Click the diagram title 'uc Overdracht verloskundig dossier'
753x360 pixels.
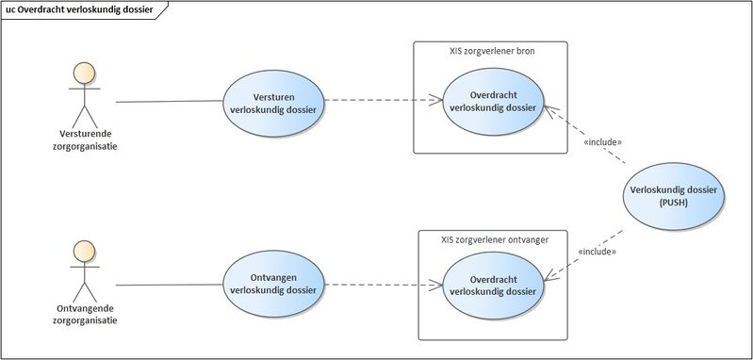(x=79, y=9)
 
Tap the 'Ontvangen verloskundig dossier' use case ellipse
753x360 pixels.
(x=272, y=283)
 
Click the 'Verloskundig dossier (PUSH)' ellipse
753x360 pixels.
(x=674, y=195)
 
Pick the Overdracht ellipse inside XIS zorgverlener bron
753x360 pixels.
(x=493, y=102)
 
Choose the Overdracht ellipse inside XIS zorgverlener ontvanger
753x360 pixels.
(x=493, y=285)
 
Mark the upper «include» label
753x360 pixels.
(x=603, y=142)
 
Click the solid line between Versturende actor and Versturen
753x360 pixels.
(x=170, y=100)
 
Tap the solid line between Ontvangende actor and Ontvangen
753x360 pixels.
(x=170, y=283)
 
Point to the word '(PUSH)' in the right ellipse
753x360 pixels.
(x=674, y=202)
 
